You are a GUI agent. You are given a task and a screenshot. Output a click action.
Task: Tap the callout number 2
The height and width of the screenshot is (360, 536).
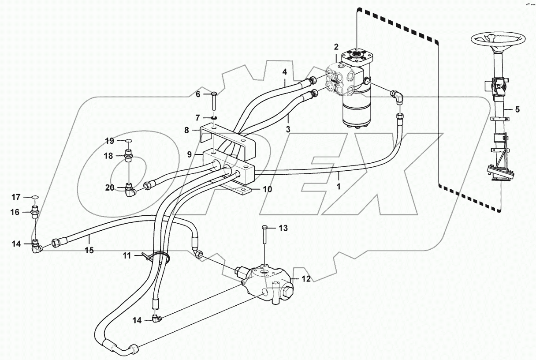click(x=336, y=46)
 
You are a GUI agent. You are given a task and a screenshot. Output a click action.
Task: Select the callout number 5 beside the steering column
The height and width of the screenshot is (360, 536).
click(x=517, y=109)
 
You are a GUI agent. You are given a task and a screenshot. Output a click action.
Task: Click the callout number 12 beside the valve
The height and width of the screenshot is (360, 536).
click(x=306, y=278)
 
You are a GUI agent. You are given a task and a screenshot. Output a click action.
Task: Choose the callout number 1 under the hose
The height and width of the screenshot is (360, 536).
click(x=339, y=187)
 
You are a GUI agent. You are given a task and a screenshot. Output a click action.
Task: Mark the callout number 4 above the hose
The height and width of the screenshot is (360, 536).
click(x=285, y=71)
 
